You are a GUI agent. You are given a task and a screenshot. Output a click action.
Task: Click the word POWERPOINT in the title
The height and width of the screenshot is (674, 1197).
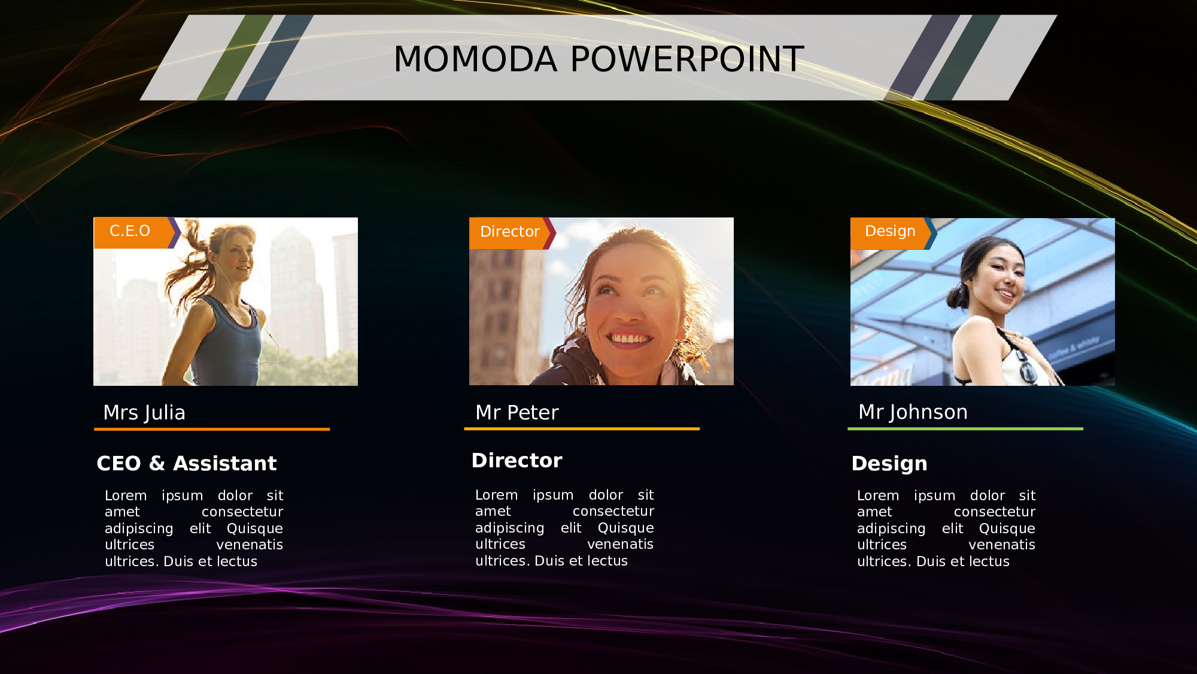click(x=687, y=59)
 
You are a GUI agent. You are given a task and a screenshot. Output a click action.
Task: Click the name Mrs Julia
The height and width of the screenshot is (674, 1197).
click(x=144, y=412)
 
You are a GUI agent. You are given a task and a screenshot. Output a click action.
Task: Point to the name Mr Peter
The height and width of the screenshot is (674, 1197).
click(x=517, y=412)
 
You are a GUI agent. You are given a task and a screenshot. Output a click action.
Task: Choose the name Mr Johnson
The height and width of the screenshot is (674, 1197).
click(x=913, y=412)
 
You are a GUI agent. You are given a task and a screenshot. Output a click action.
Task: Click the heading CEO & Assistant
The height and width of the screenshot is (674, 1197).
click(x=187, y=463)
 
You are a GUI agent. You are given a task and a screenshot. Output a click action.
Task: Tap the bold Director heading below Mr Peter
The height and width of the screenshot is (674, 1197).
click(x=517, y=460)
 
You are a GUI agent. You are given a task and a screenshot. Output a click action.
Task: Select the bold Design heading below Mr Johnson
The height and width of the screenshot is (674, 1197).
click(x=889, y=464)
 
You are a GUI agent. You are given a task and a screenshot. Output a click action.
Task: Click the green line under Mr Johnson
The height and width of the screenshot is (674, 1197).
click(x=965, y=429)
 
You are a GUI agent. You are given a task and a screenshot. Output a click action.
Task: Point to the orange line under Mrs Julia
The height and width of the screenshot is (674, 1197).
click(x=212, y=429)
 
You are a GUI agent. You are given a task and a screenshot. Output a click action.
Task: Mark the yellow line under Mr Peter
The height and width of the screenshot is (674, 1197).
click(x=582, y=429)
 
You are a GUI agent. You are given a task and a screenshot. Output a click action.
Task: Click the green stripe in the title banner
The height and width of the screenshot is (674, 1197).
click(x=235, y=58)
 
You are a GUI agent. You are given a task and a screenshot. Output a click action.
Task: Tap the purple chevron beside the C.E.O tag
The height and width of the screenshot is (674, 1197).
click(x=175, y=232)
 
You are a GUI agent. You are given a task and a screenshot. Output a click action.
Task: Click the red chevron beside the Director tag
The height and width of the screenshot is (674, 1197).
click(x=550, y=233)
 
